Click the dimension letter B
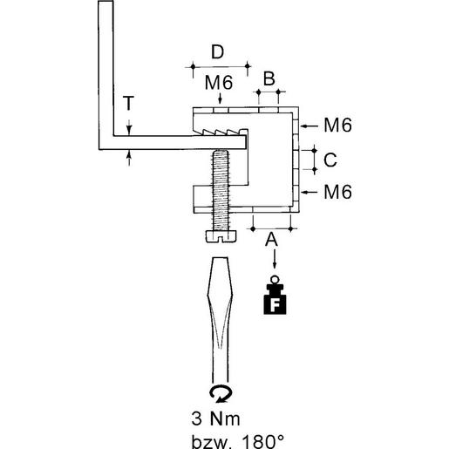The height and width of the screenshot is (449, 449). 269,79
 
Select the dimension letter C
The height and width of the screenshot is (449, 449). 329,160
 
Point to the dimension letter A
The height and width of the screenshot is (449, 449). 272,238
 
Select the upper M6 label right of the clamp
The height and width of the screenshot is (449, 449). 337,126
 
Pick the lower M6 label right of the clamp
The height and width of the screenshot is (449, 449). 337,191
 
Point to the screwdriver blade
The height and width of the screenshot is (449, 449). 221,314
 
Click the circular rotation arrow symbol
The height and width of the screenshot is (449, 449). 221,393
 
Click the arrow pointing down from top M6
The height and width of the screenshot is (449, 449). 218,100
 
